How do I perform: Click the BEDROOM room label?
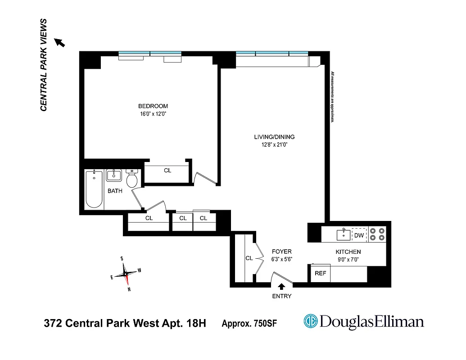(x=153, y=106)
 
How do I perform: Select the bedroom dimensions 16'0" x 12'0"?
(x=153, y=114)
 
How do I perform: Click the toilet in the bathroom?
(x=132, y=179)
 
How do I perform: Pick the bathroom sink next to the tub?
(x=115, y=175)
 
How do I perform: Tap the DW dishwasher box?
(x=359, y=235)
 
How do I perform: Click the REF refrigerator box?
(x=320, y=273)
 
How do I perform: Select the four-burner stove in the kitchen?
(x=377, y=234)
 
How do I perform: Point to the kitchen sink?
(x=344, y=234)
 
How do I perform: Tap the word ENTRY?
(x=282, y=296)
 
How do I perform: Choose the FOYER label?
(x=282, y=252)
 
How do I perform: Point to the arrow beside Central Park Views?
(x=60, y=42)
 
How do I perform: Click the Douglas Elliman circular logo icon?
(x=310, y=321)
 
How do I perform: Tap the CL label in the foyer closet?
(x=249, y=258)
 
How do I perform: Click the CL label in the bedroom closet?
(x=167, y=171)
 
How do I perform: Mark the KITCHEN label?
(x=348, y=252)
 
